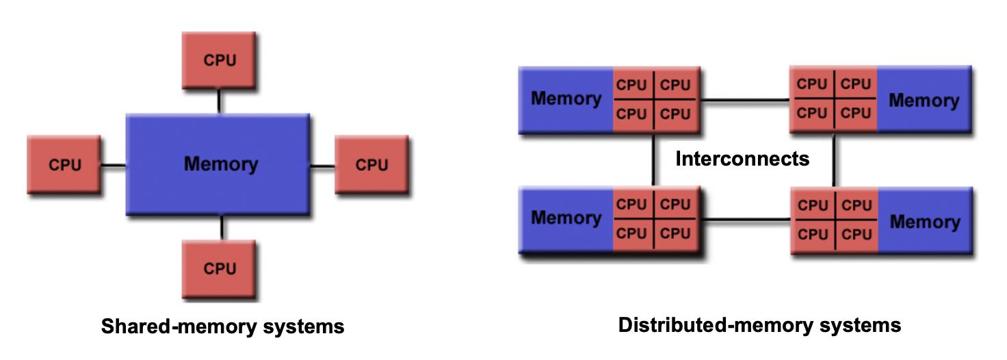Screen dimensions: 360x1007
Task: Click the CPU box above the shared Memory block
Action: pyautogui.click(x=219, y=60)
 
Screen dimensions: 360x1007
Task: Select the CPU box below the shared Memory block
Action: pyautogui.click(x=219, y=268)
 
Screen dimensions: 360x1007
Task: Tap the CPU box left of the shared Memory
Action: pyautogui.click(x=64, y=165)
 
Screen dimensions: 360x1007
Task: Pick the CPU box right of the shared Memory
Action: pyautogui.click(x=371, y=165)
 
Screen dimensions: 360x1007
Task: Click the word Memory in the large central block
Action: pyautogui.click(x=221, y=164)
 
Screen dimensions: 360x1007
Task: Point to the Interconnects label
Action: pyautogui.click(x=742, y=159)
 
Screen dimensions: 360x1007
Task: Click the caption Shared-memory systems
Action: pyautogui.click(x=222, y=326)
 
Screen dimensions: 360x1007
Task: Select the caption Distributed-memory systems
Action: pyautogui.click(x=759, y=325)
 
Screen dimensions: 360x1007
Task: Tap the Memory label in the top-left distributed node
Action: pyautogui.click(x=566, y=99)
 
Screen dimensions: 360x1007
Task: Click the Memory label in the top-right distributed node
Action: pyautogui.click(x=924, y=101)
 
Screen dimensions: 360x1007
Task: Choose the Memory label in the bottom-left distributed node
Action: pyautogui.click(x=566, y=218)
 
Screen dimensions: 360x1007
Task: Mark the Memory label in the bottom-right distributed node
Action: pyautogui.click(x=925, y=222)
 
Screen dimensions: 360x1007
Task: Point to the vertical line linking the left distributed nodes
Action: pyautogui.click(x=654, y=159)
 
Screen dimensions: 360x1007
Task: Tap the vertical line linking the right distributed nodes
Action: pyautogui.click(x=834, y=159)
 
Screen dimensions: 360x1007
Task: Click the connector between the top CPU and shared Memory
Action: pyautogui.click(x=219, y=101)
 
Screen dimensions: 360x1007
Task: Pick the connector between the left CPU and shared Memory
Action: pyautogui.click(x=113, y=165)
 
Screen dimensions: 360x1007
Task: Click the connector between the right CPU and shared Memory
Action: pyautogui.click(x=322, y=165)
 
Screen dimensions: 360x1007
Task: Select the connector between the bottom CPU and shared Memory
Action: pyautogui.click(x=221, y=227)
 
